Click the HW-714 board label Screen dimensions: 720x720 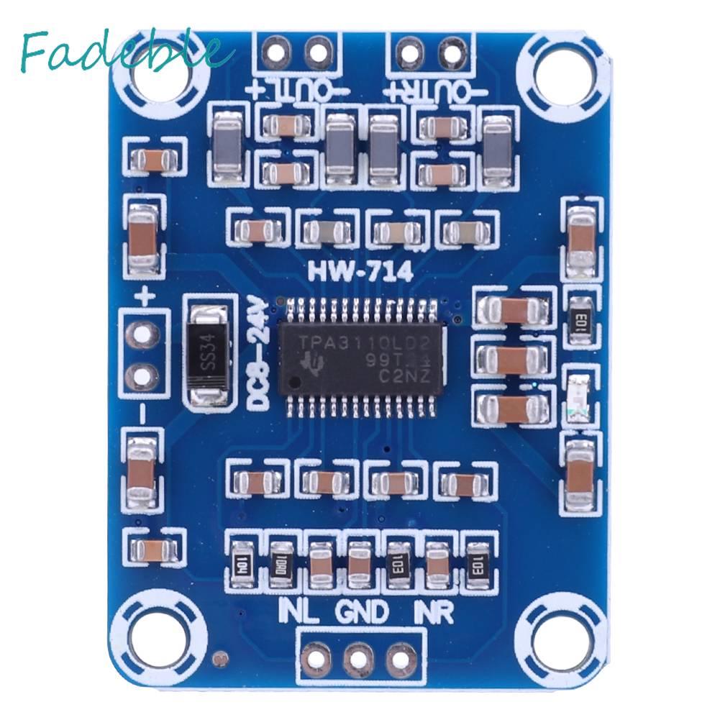click(x=360, y=272)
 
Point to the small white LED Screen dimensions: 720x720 click(x=578, y=398)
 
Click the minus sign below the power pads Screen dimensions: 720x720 click(x=142, y=413)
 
